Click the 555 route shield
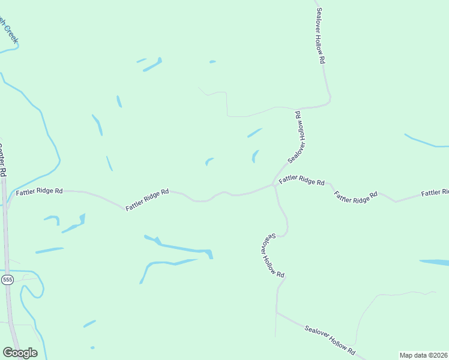point(7,280)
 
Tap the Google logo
point(20,353)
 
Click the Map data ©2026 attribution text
point(423,355)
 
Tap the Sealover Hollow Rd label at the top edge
point(321,36)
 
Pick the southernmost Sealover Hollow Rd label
point(330,340)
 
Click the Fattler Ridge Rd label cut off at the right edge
point(435,193)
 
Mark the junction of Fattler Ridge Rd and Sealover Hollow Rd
point(274,185)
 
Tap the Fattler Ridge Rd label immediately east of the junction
point(301,179)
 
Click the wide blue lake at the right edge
point(435,262)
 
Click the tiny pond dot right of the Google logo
point(92,347)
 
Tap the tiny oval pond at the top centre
point(212,61)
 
